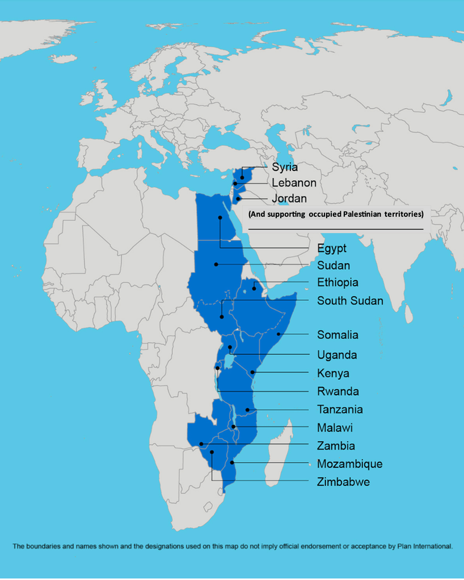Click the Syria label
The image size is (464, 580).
click(x=284, y=167)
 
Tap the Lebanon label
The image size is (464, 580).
click(x=294, y=183)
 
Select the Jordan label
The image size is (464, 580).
click(x=289, y=199)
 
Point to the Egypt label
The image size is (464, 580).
click(x=332, y=249)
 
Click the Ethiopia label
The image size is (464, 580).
click(x=338, y=283)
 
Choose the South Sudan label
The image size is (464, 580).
click(x=349, y=301)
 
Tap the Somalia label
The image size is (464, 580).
click(x=338, y=335)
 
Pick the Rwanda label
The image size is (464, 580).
click(x=338, y=391)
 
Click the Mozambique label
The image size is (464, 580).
click(x=349, y=464)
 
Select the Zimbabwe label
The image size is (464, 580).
click(x=343, y=482)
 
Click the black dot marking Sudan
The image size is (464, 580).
click(x=216, y=265)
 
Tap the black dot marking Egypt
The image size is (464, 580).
click(x=220, y=217)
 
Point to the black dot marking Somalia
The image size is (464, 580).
click(x=279, y=335)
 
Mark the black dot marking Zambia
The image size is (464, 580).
click(x=201, y=443)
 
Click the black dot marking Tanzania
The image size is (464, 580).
click(x=247, y=410)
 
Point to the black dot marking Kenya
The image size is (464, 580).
click(x=252, y=372)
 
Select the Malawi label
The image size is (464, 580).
click(x=335, y=428)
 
